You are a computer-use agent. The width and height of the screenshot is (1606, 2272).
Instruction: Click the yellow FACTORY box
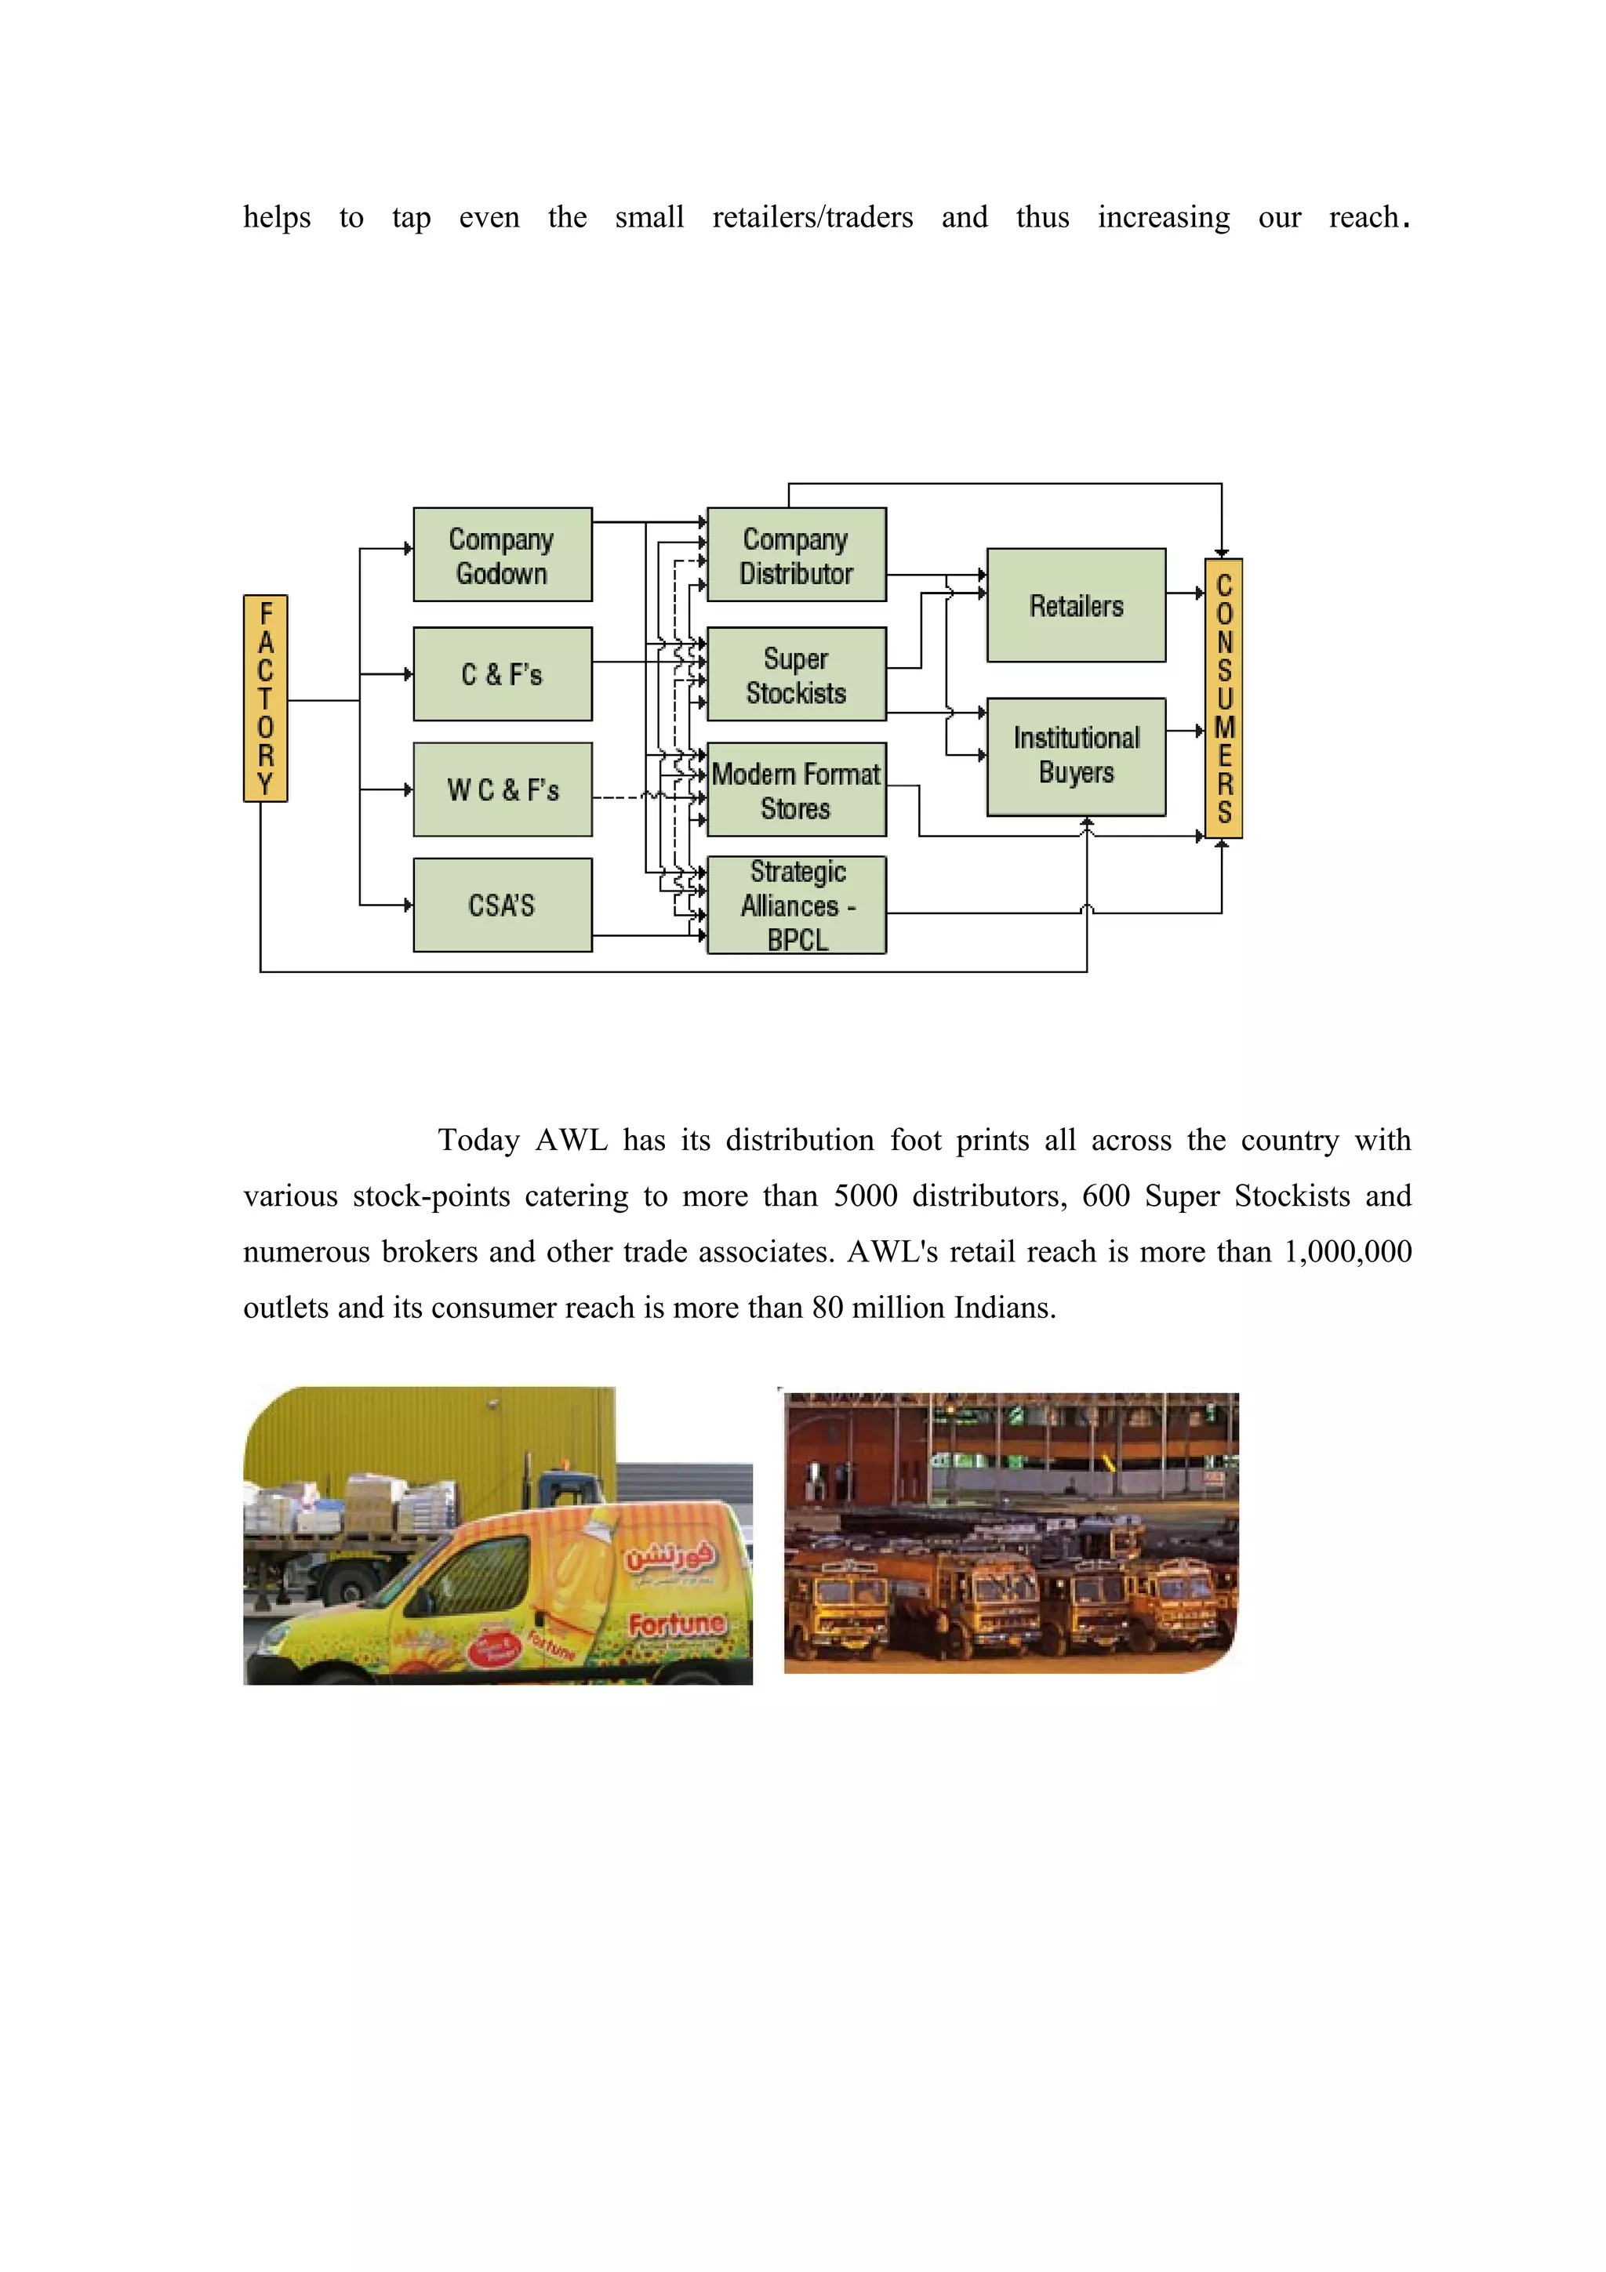tap(265, 698)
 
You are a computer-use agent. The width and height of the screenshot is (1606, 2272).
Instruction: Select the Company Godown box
tap(503, 554)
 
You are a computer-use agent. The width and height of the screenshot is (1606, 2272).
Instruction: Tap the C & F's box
tap(503, 674)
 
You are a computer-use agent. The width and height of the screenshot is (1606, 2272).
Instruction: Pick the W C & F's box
tap(503, 789)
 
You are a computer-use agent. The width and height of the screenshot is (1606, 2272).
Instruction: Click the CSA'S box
tap(503, 905)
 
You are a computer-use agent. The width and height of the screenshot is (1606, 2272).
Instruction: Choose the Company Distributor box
tap(797, 554)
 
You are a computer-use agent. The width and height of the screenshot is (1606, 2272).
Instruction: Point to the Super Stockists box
tap(797, 674)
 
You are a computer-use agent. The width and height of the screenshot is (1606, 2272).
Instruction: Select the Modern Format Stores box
tap(797, 789)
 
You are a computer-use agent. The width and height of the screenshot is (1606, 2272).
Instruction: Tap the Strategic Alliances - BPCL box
tap(797, 905)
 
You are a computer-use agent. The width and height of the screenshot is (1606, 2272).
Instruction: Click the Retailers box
tap(1077, 604)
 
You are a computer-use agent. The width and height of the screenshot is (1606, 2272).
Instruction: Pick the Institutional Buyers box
tap(1077, 756)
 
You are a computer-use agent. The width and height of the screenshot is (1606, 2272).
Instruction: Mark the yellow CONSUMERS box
tap(1224, 698)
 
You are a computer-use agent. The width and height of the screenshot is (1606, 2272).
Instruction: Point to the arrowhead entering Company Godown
tap(409, 548)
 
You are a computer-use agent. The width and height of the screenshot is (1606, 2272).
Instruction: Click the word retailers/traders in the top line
tap(812, 216)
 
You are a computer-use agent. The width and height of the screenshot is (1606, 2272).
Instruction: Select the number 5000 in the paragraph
tap(865, 1196)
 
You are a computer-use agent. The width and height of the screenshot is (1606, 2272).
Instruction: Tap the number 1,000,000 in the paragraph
tap(1348, 1252)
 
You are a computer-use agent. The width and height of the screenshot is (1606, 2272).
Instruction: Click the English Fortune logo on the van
tap(677, 1624)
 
